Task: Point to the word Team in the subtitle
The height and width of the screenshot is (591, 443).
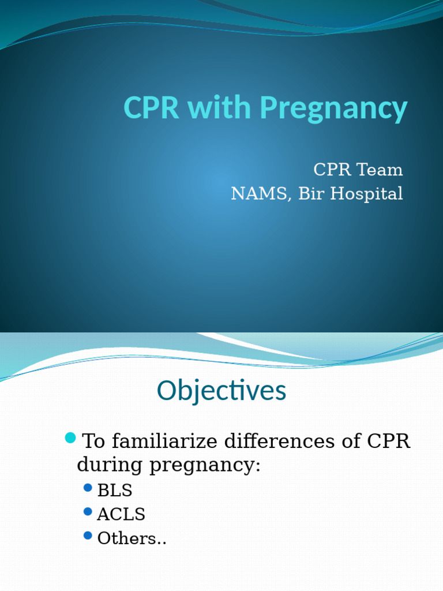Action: [380, 170]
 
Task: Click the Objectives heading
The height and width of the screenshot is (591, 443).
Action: [221, 391]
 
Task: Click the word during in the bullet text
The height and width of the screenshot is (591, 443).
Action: [110, 465]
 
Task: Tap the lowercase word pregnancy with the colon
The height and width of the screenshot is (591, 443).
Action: [205, 466]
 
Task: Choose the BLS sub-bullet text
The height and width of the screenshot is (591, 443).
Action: [115, 491]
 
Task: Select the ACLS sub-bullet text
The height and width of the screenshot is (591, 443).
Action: [121, 514]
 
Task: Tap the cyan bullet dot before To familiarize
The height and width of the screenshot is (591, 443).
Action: [70, 438]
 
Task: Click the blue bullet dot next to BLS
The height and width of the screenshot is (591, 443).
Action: [88, 488]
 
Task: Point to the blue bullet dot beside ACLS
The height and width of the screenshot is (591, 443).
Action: [88, 511]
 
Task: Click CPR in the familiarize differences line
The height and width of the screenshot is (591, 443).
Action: [388, 442]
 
